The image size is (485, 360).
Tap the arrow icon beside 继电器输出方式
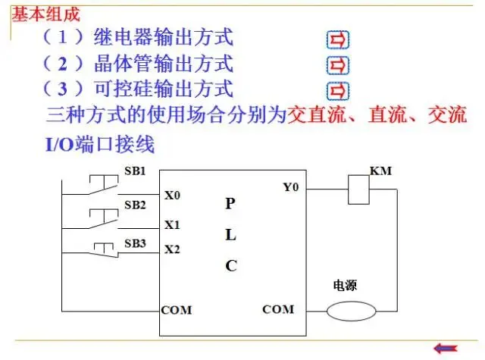tap(337, 39)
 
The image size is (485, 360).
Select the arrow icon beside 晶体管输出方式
tap(337, 65)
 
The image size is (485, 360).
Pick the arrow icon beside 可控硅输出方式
tap(337, 91)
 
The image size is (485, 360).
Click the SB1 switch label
tap(135, 170)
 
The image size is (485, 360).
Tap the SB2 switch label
tap(135, 205)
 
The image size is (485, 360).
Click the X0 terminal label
tap(172, 196)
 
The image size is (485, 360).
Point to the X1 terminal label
tap(172, 225)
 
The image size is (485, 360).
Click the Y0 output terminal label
tap(291, 186)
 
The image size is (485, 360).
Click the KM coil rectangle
tap(358, 189)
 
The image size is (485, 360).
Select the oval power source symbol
tap(353, 310)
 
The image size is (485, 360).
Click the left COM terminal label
tap(177, 310)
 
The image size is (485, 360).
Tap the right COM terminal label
tap(278, 310)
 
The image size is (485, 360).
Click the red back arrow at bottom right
tap(445, 348)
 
